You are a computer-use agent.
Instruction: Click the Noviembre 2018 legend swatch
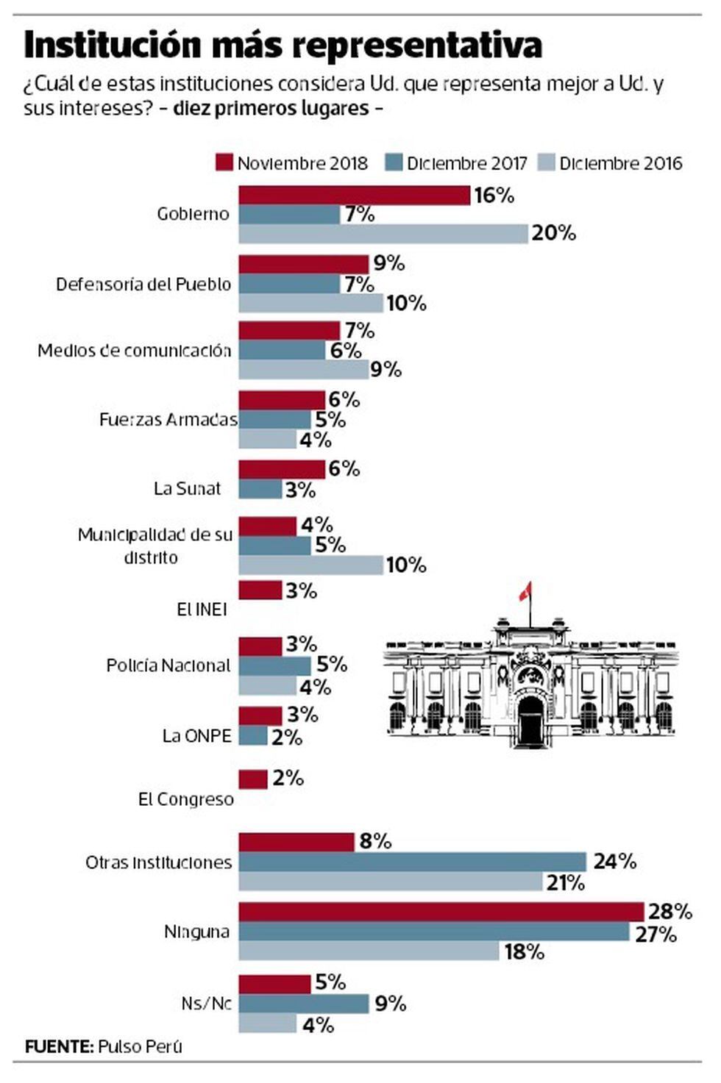[x=224, y=162]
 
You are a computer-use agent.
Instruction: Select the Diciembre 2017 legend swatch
[x=394, y=162]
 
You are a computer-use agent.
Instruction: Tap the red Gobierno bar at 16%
[x=354, y=196]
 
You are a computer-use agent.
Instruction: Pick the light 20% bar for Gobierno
[x=383, y=233]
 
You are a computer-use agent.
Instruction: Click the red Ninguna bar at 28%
[x=441, y=912]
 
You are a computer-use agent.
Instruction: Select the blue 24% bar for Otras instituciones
[x=412, y=861]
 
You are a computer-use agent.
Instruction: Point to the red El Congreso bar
[x=252, y=779]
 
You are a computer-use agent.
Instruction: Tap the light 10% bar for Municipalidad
[x=310, y=565]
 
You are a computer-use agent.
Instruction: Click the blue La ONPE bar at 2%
[x=252, y=735]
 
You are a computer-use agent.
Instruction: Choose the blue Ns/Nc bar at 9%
[x=303, y=1004]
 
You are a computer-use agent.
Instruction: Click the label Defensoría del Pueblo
[x=143, y=285]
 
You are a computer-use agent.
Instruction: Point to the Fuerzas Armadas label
[x=168, y=420]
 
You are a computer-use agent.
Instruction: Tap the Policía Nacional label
[x=168, y=665]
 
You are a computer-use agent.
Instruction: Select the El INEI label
[x=202, y=610]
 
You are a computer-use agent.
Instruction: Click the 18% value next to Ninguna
[x=524, y=952]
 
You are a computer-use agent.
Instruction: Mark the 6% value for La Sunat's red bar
[x=344, y=469]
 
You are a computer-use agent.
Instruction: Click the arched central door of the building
[x=530, y=721]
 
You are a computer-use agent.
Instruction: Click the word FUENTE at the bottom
[x=58, y=1046]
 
